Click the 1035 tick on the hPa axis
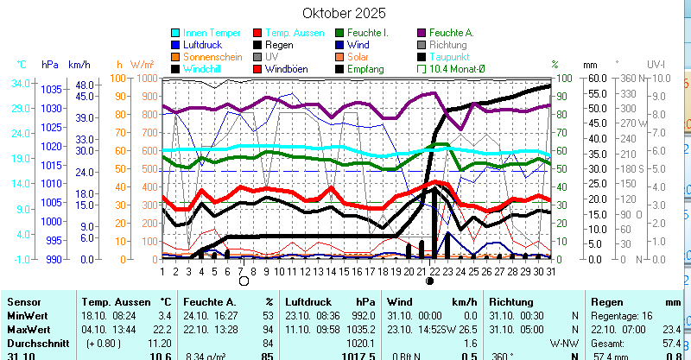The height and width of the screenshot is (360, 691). click(x=51, y=89)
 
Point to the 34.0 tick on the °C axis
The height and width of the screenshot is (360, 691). click(x=22, y=84)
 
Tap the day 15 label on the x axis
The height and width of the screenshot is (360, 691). click(x=345, y=271)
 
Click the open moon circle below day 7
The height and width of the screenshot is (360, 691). click(x=244, y=281)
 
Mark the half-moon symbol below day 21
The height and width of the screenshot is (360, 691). click(x=429, y=281)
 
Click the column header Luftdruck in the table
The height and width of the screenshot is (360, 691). click(x=307, y=303)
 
